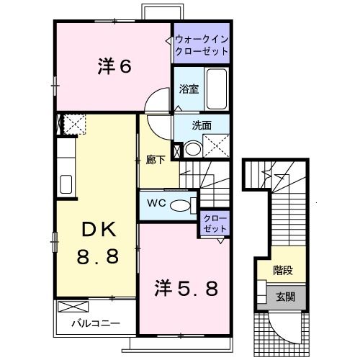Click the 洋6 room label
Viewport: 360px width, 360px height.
click(114, 66)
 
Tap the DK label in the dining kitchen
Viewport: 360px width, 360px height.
click(99, 230)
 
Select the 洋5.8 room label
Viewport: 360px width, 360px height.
click(186, 288)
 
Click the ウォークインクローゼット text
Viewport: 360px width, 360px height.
click(202, 45)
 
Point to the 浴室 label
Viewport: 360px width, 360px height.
click(189, 89)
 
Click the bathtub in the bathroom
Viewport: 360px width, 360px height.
click(217, 89)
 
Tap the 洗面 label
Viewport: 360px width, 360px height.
click(202, 125)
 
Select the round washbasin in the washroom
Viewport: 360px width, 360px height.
click(193, 149)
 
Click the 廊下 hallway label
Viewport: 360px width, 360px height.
click(156, 160)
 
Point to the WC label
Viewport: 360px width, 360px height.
click(156, 203)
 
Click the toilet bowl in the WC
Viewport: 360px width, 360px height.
click(180, 205)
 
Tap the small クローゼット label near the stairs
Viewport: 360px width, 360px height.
click(215, 223)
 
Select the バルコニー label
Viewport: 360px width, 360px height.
click(96, 323)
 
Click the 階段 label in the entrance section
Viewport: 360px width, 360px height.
click(283, 271)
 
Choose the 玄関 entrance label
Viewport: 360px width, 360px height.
click(285, 297)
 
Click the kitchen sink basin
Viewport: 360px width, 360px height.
click(66, 184)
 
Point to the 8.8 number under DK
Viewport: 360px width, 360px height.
click(98, 256)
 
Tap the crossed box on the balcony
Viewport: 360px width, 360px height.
click(73, 307)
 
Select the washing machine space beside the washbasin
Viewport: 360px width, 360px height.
click(216, 146)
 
